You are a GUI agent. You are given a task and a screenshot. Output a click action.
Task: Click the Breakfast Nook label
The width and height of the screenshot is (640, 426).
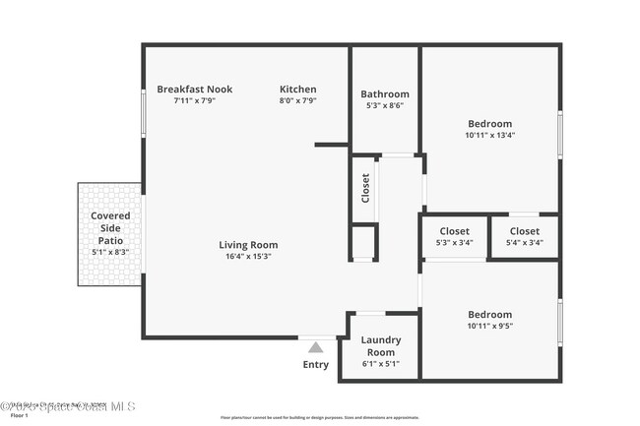[194, 90]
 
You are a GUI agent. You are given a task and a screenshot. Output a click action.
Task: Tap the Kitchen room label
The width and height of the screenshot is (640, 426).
[298, 90]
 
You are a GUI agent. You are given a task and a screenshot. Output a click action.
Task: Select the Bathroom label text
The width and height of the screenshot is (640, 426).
[384, 94]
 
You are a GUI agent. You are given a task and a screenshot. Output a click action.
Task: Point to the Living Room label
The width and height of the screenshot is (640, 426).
[248, 245]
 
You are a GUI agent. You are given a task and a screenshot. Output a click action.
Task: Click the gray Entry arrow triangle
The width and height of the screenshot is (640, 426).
[315, 346]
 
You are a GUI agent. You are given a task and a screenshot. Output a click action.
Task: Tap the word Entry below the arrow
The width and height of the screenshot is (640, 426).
[316, 365]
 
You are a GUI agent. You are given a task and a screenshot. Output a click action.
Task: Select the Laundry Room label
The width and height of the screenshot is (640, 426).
[380, 346]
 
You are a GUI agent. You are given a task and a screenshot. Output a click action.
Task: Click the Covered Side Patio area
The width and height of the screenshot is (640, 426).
[110, 233]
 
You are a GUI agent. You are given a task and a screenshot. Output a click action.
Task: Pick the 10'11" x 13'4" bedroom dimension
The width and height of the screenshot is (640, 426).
[489, 136]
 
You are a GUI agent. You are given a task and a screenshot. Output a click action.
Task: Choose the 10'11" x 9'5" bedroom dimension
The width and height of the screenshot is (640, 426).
[489, 326]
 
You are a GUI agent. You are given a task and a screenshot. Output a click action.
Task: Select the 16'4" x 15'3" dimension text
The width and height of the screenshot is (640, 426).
[248, 256]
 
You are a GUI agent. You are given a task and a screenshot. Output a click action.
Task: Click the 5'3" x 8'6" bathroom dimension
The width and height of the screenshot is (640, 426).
[384, 105]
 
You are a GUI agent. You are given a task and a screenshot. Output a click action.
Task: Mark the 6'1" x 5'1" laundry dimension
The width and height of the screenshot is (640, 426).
[380, 363]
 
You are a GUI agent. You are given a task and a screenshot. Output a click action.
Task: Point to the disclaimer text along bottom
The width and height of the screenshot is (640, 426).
[319, 417]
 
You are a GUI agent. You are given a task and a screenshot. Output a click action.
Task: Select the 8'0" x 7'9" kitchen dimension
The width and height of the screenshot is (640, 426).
[298, 100]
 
